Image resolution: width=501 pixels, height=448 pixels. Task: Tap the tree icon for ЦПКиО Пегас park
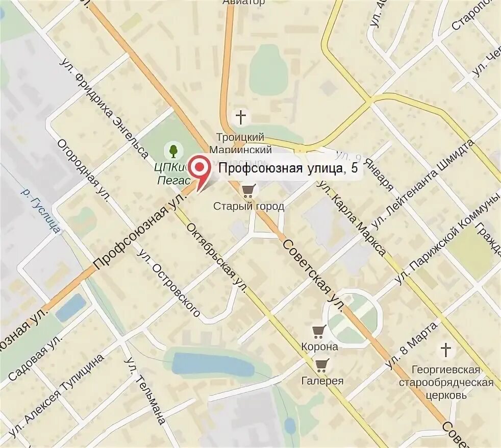click(173, 150)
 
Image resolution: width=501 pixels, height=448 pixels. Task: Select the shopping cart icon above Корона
click(319, 332)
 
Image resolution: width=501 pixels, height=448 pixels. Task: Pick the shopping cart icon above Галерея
click(321, 364)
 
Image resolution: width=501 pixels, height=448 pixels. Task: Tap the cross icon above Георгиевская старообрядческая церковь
click(446, 350)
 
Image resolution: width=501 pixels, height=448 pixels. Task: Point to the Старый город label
click(248, 206)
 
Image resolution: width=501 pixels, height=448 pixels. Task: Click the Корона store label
click(320, 346)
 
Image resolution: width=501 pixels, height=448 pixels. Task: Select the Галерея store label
click(322, 380)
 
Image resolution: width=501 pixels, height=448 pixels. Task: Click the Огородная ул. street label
click(83, 171)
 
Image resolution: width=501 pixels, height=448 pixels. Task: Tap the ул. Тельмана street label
click(144, 390)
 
